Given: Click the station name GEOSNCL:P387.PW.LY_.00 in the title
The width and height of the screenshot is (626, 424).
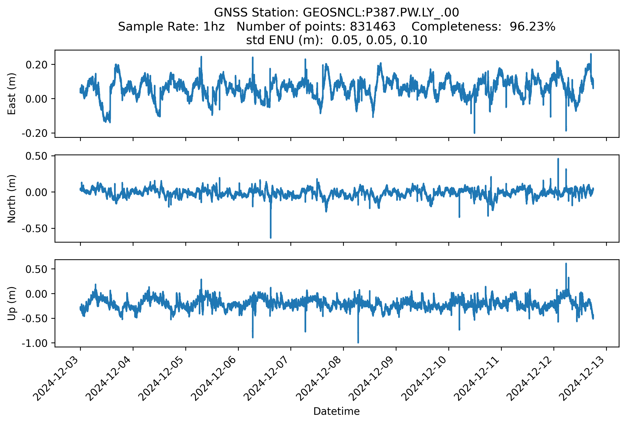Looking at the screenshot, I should pyautogui.click(x=381, y=13).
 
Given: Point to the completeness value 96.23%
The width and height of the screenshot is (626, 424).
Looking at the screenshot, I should pyautogui.click(x=532, y=27).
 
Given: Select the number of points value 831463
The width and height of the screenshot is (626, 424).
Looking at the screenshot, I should pyautogui.click(x=372, y=27).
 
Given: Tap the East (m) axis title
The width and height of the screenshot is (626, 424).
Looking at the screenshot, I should pyautogui.click(x=12, y=94).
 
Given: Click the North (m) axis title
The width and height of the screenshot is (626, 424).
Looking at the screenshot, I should pyautogui.click(x=12, y=199).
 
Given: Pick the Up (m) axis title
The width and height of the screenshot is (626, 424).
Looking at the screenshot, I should pyautogui.click(x=12, y=303).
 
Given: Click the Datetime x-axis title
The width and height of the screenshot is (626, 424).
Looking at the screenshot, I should pyautogui.click(x=337, y=411).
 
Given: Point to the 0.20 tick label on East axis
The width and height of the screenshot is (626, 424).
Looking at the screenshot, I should pyautogui.click(x=36, y=65).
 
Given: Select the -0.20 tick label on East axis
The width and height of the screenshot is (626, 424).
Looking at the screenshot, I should pyautogui.click(x=34, y=133).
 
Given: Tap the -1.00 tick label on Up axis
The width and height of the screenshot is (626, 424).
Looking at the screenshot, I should pyautogui.click(x=34, y=343).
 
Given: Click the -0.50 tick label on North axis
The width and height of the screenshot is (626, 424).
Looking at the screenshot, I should pyautogui.click(x=34, y=228).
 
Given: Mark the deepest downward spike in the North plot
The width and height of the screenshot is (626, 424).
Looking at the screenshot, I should pyautogui.click(x=271, y=237).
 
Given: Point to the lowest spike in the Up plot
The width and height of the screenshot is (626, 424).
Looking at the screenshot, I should pyautogui.click(x=358, y=342).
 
